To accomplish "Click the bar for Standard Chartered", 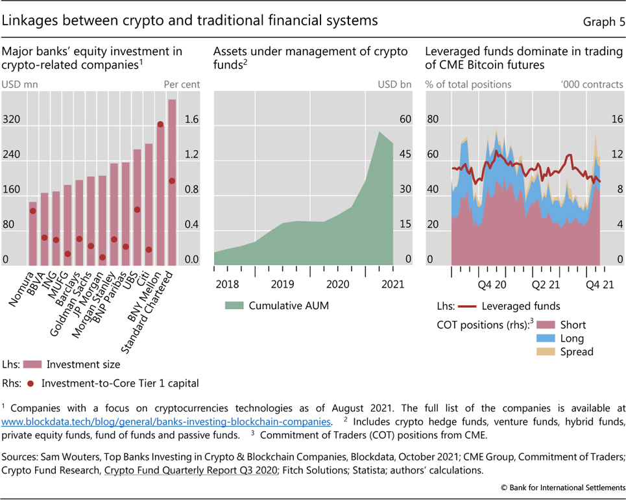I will [172, 182].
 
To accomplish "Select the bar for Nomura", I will [32, 234].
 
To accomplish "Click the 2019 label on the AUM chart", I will [282, 284].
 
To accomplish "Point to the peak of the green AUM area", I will [379, 132].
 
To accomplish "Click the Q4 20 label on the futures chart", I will [491, 284].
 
